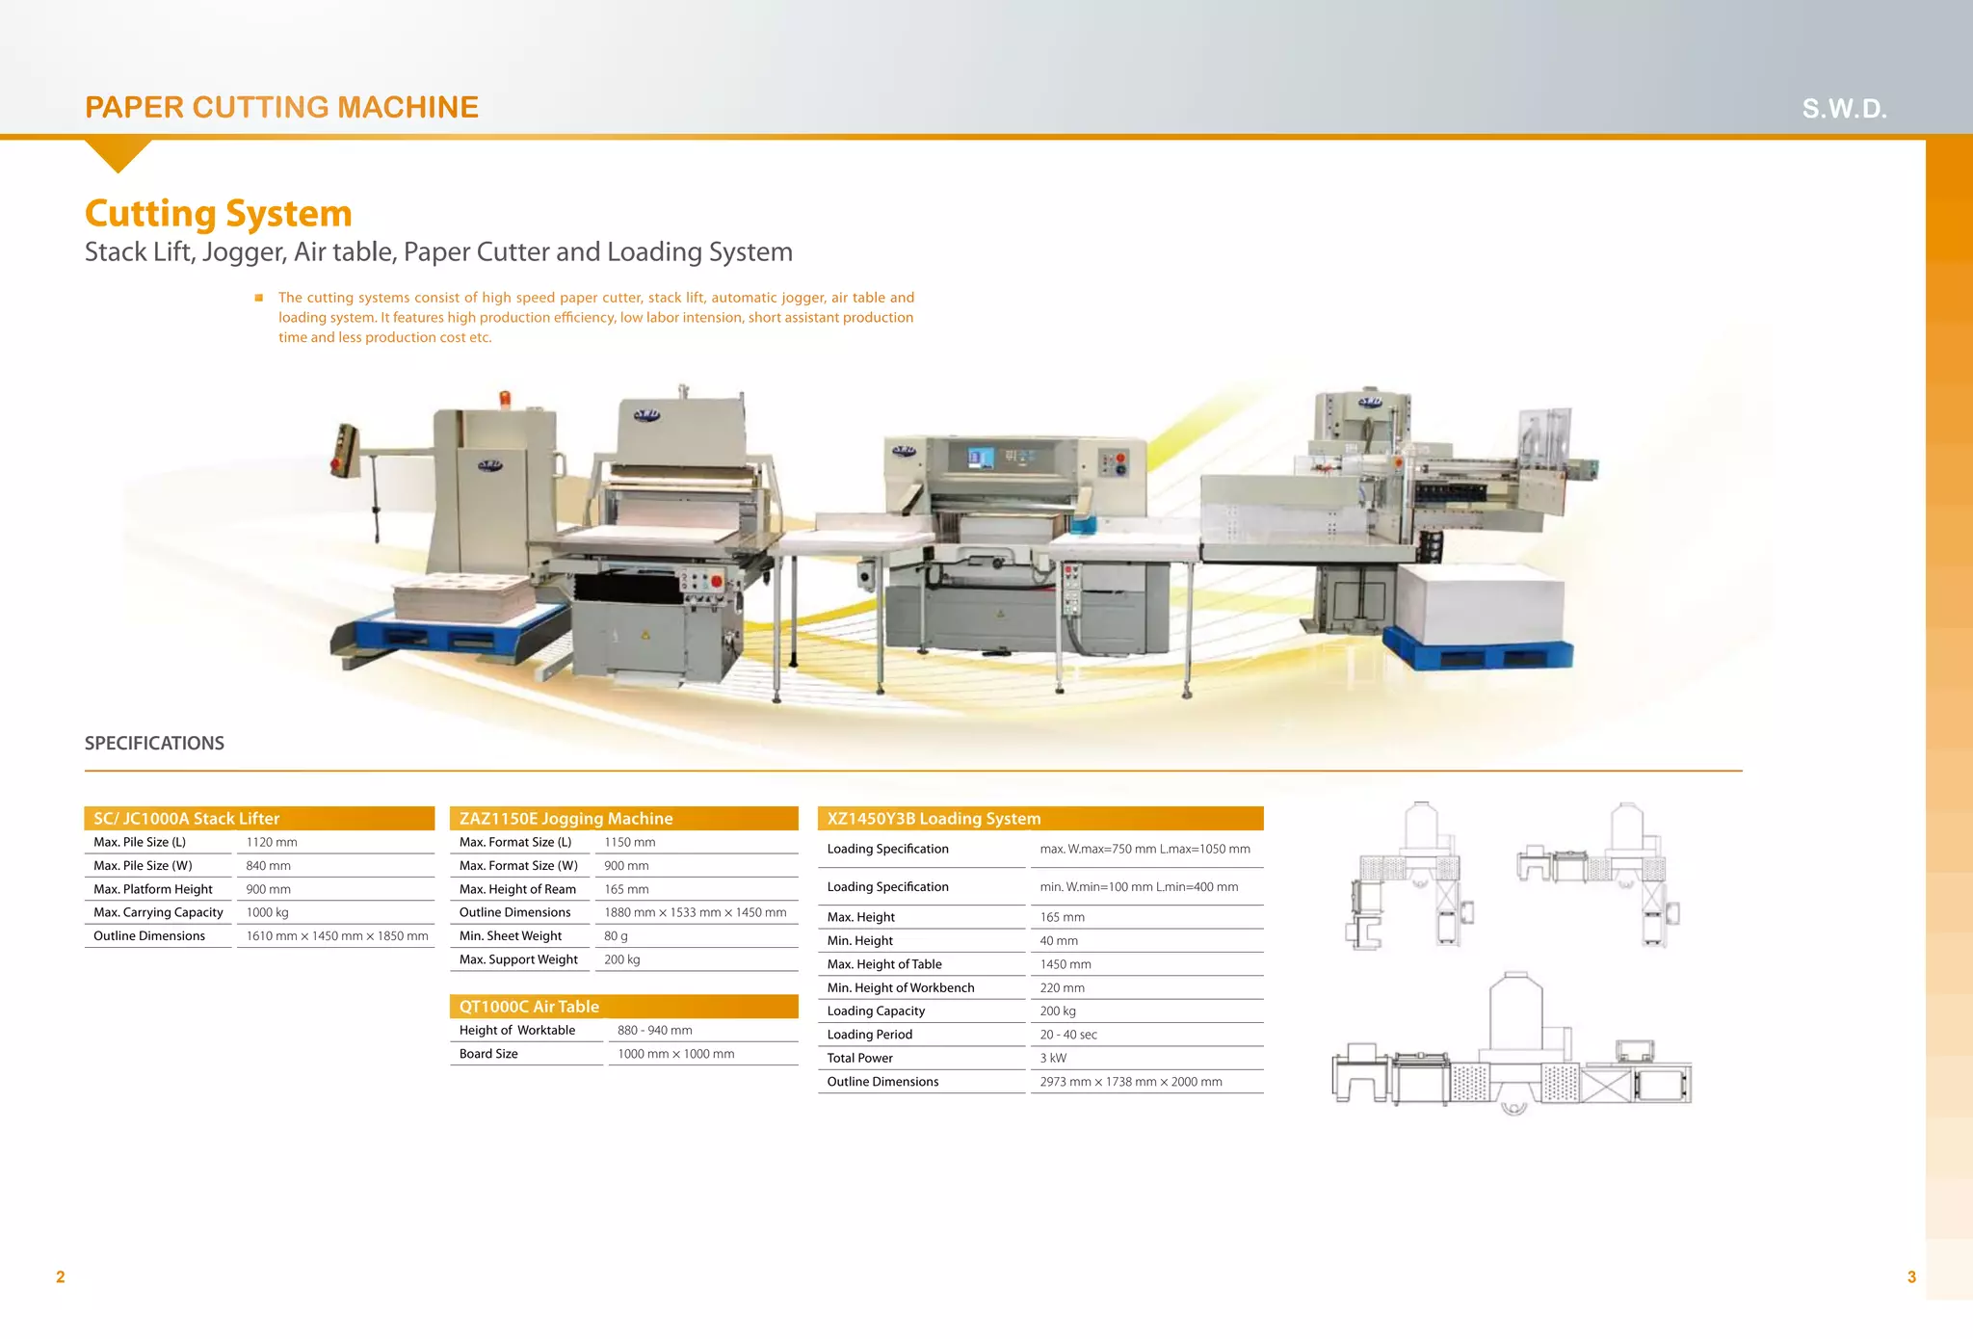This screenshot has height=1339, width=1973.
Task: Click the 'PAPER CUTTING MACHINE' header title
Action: coord(281,107)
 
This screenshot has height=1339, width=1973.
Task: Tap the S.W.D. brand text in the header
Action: coord(1844,109)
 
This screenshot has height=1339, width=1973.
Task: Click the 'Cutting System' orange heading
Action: coord(219,213)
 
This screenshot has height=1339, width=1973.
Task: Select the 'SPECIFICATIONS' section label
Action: coord(154,743)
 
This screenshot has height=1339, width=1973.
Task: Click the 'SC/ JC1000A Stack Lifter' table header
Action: coord(187,819)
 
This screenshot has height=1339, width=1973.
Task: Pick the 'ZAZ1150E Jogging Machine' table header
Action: coord(566,819)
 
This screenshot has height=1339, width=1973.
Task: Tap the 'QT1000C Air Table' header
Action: coord(529,1007)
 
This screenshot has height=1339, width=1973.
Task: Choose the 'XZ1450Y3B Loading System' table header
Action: coord(934,819)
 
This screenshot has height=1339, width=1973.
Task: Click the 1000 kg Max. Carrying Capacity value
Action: coord(267,912)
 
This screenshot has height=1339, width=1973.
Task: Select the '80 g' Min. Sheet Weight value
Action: coord(616,935)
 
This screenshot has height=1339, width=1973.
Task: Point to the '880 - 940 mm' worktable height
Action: coord(655,1030)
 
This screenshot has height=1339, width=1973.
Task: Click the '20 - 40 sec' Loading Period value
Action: coord(1068,1035)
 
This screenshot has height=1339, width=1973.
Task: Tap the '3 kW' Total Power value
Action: coord(1053,1058)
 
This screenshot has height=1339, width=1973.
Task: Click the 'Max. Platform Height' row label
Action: coord(153,889)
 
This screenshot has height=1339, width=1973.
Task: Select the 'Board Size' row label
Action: coord(488,1054)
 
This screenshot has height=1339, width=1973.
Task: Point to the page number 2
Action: coord(61,1277)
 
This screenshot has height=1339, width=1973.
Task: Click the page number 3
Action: coord(1911,1277)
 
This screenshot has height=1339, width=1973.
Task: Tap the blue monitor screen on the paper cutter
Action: coord(981,458)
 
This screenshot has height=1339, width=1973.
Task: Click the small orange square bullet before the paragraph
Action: coord(258,298)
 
